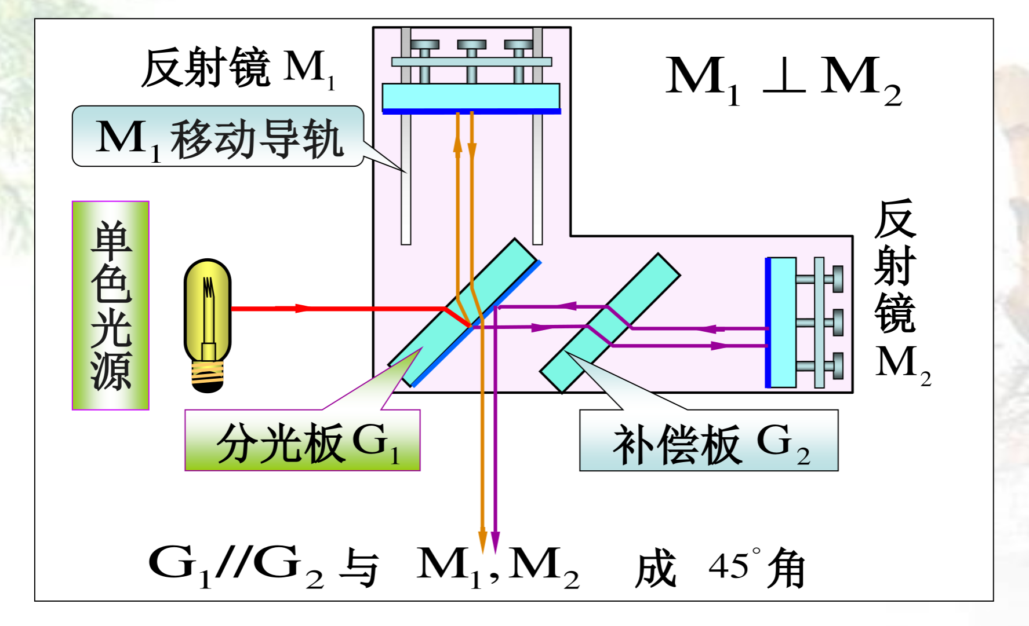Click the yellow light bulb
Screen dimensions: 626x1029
[x=208, y=313]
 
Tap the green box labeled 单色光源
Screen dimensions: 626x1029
[x=111, y=305]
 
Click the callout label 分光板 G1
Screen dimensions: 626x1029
[x=303, y=442]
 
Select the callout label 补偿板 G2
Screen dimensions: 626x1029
[x=708, y=442]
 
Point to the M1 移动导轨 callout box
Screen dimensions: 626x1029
[x=218, y=137]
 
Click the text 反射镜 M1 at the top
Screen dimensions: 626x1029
[x=238, y=68]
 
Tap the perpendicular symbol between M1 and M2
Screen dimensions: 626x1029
[x=784, y=75]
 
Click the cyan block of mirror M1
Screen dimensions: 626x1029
[x=471, y=96]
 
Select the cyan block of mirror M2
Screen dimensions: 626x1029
[x=783, y=323]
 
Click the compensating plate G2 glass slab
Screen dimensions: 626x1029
[x=610, y=322]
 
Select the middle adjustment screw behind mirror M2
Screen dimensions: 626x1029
[x=829, y=323]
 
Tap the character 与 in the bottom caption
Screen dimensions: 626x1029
[x=359, y=568]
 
